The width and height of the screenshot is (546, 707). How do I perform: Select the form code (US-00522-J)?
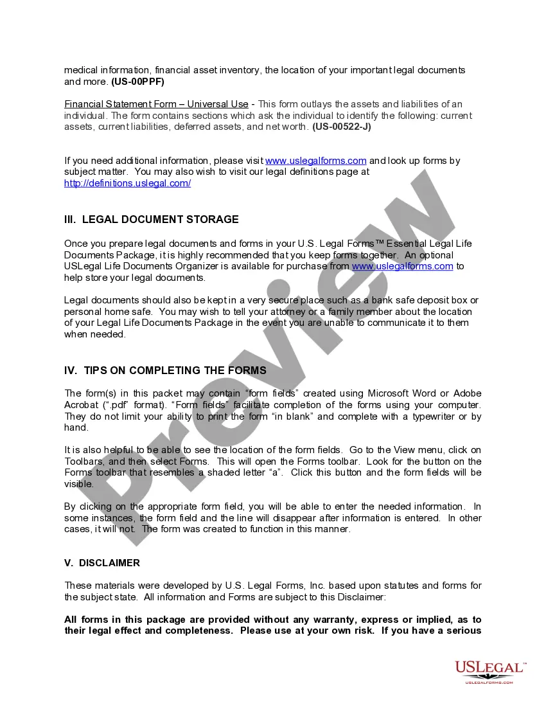[342, 127]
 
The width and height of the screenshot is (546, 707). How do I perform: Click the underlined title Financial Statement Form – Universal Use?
[156, 104]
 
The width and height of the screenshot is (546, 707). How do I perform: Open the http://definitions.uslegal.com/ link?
[127, 183]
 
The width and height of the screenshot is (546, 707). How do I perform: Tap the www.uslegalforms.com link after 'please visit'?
[315, 161]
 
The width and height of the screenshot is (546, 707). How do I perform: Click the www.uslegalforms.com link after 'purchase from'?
[403, 266]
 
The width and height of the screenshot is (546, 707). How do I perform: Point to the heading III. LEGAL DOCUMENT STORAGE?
[151, 219]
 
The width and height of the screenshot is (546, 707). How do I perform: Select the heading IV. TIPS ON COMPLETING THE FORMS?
[165, 370]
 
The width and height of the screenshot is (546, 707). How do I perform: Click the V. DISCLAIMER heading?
[102, 562]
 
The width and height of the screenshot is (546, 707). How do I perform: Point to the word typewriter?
[435, 416]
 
